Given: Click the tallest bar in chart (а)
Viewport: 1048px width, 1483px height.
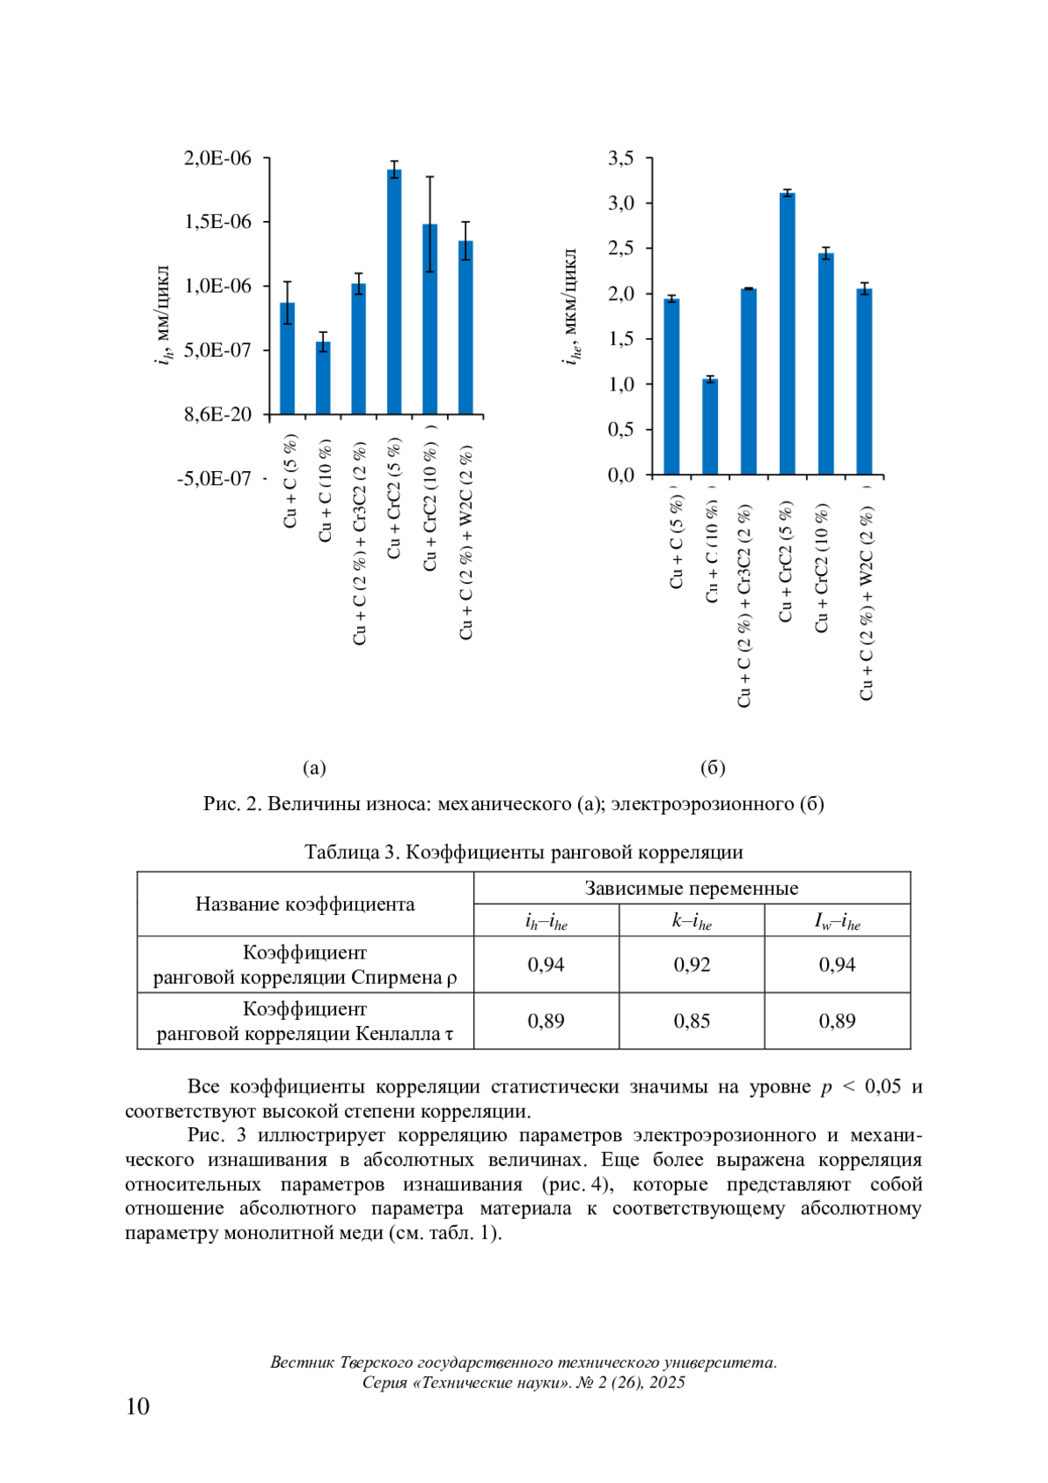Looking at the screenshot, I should tap(395, 293).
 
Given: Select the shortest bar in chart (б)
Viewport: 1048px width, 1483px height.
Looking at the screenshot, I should tap(710, 427).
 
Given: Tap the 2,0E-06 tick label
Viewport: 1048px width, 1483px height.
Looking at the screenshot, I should tap(217, 158).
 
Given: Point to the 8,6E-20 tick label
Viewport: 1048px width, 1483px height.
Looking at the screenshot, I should tap(217, 414).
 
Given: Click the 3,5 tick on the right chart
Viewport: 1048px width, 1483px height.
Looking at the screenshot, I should tap(622, 158).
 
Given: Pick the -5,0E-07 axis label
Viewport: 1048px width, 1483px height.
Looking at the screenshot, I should tap(214, 479).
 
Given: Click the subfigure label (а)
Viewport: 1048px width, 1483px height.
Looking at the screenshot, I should tap(314, 767).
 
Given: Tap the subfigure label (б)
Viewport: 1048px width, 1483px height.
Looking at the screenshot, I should tap(713, 767).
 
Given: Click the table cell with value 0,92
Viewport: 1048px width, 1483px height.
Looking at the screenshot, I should tap(692, 965).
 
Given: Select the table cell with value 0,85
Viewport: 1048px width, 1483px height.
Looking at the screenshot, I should tap(692, 1021).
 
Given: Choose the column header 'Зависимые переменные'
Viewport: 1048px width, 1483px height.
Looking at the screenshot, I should tap(692, 888).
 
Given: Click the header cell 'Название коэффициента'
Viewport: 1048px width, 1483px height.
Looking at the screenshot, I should tap(305, 904).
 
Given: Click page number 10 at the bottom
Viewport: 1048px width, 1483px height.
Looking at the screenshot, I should tap(138, 1406).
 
